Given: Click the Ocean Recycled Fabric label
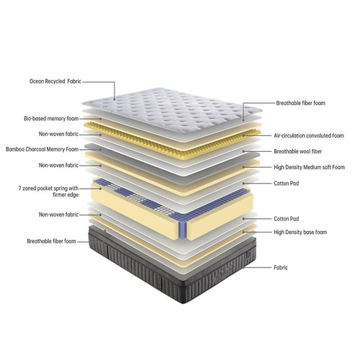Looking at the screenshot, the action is [x=55, y=81].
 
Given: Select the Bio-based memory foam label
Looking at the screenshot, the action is [x=51, y=119].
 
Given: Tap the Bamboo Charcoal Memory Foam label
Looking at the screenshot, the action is [x=42, y=149].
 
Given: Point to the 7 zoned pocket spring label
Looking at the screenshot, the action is [x=48, y=192].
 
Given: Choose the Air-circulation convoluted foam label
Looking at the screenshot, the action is [x=309, y=135].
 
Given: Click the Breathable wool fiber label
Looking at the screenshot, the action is [x=298, y=151].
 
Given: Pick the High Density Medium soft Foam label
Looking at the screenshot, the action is [x=310, y=167].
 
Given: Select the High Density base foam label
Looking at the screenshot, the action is [x=300, y=232].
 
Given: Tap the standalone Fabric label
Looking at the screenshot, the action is [x=281, y=267].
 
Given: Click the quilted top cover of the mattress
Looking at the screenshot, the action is [x=171, y=109].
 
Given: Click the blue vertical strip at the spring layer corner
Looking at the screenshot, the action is [x=183, y=230].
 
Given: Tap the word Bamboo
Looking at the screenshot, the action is [x=15, y=149].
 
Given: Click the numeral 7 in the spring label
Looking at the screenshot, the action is [x=20, y=189].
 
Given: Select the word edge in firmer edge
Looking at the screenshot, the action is [x=72, y=195].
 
